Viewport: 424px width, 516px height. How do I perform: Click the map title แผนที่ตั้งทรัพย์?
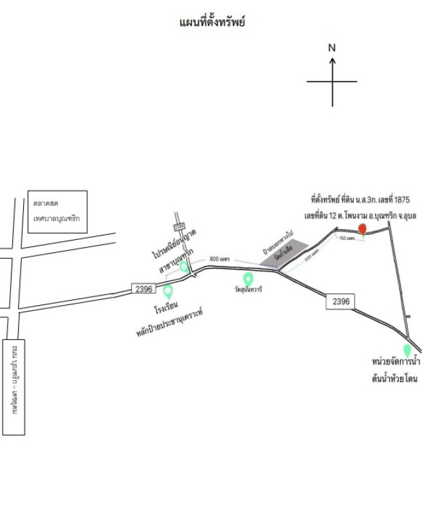tap(212, 23)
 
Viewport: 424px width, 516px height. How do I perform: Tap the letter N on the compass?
tap(332, 48)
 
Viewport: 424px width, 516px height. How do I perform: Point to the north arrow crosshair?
tap(332, 82)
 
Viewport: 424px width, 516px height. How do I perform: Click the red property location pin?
tap(363, 229)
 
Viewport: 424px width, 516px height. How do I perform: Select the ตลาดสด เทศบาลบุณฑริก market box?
tap(57, 211)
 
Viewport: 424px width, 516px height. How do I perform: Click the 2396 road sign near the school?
tap(144, 289)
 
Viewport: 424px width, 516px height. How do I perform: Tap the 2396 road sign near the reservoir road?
tap(341, 301)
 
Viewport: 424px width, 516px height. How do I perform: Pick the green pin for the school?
tap(168, 292)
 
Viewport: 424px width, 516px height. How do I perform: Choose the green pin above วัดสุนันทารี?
tap(248, 279)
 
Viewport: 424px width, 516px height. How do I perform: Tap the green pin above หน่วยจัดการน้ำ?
tap(407, 350)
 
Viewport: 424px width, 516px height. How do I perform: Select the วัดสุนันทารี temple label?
tap(248, 290)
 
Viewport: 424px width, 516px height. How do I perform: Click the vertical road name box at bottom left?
tap(14, 386)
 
